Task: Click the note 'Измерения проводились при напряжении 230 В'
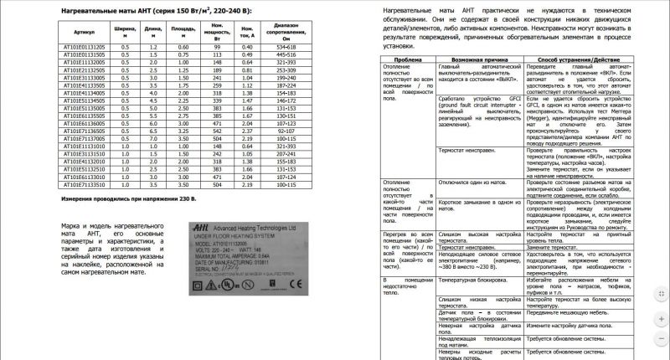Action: tap(131, 199)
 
